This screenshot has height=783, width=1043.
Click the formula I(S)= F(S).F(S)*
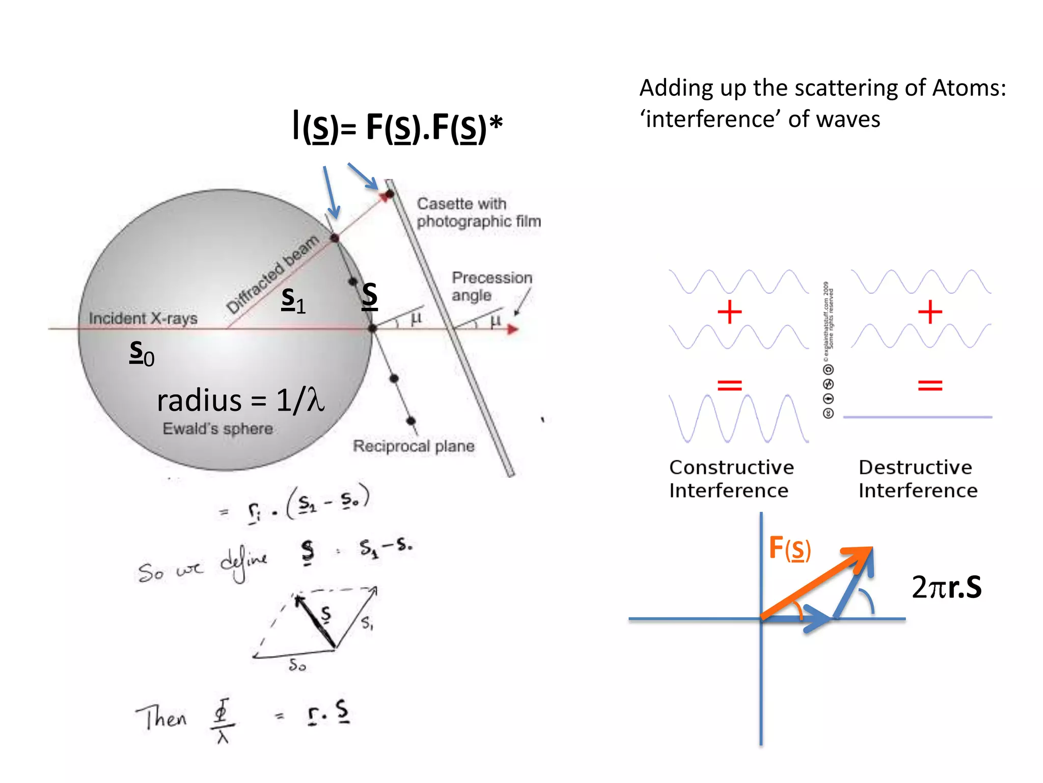(397, 127)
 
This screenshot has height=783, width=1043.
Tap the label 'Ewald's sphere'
(217, 429)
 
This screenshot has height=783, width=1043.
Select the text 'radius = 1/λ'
(240, 400)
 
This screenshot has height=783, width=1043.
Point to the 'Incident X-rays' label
(143, 318)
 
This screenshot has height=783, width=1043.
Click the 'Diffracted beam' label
(272, 274)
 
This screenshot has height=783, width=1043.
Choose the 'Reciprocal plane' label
(414, 446)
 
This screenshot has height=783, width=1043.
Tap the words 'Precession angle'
(491, 286)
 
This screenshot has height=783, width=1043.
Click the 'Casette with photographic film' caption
(478, 212)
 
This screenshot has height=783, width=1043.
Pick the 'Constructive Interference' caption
(731, 479)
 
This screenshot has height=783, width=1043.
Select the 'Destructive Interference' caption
(918, 479)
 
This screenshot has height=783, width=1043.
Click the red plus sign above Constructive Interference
(729, 311)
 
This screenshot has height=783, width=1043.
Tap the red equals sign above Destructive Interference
(930, 385)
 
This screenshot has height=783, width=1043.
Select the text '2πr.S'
(946, 587)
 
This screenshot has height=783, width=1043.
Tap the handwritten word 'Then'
(161, 717)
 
